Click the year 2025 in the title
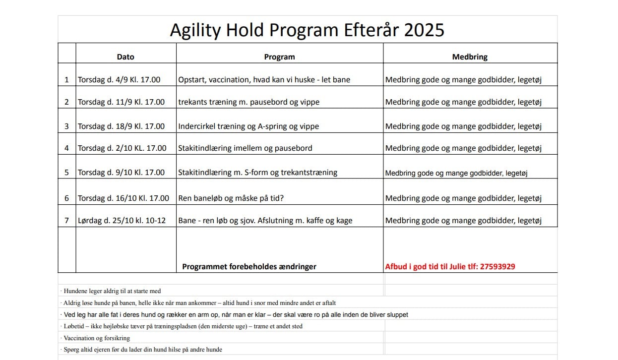424,30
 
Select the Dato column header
125,57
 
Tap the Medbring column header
470,57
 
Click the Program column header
279,57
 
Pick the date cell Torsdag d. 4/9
119,80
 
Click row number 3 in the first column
66,126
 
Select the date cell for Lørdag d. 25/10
122,221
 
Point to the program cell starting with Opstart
264,80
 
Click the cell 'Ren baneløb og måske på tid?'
231,198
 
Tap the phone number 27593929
497,266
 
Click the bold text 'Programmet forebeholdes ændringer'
249,266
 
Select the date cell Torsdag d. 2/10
122,148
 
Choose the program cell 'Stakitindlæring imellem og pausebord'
245,148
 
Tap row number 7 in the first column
66,221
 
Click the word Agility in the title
195,30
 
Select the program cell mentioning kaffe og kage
265,221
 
